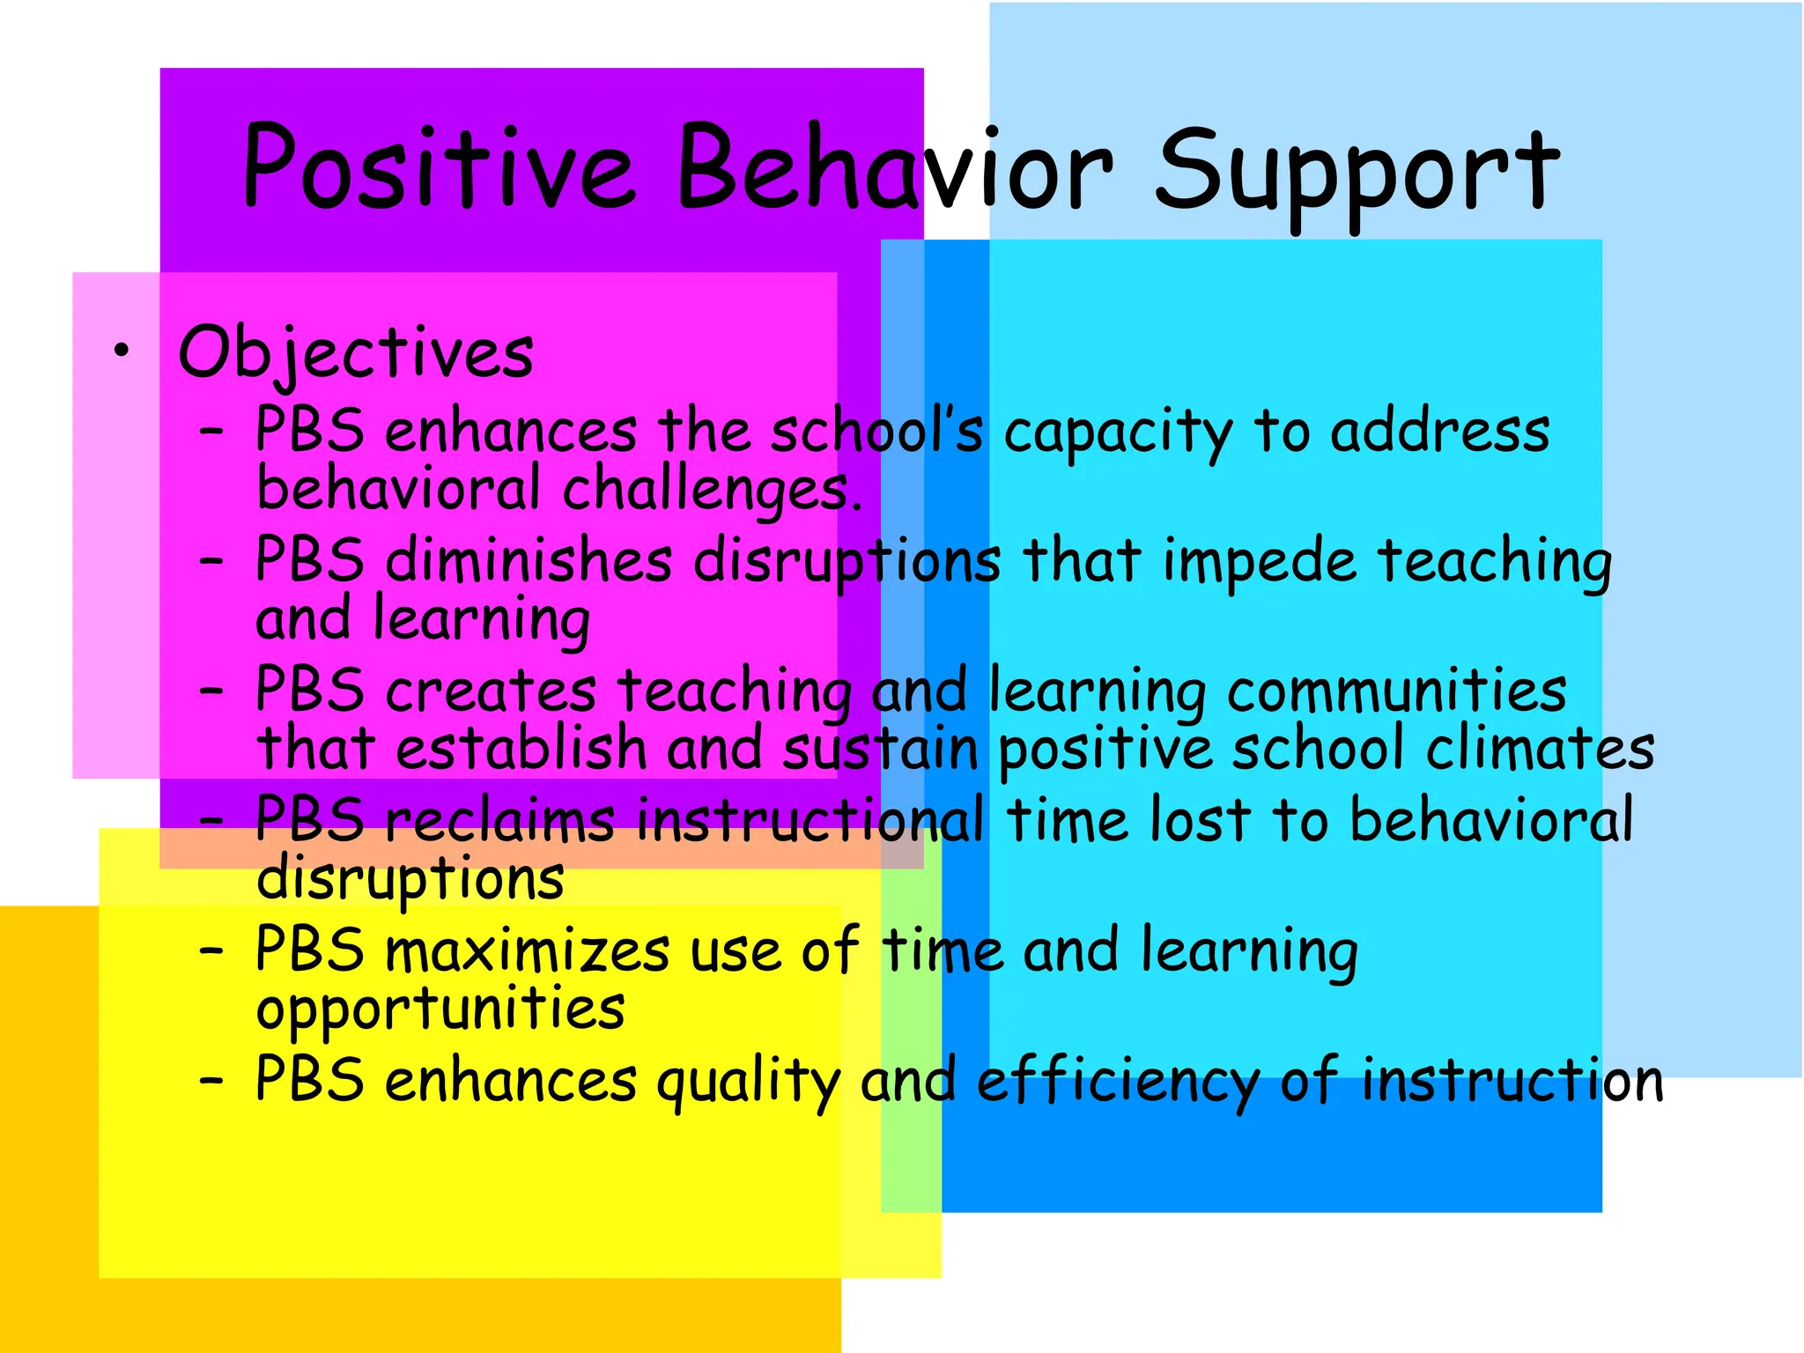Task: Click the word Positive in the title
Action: pos(438,167)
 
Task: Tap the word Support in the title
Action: pos(1357,172)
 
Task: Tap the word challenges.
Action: pos(712,489)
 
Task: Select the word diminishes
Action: pos(529,560)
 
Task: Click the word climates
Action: pos(1540,749)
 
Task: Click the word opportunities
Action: pos(440,1010)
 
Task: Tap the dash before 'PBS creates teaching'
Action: pos(211,691)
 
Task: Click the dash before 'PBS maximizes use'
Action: pos(211,951)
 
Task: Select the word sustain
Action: pos(881,749)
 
